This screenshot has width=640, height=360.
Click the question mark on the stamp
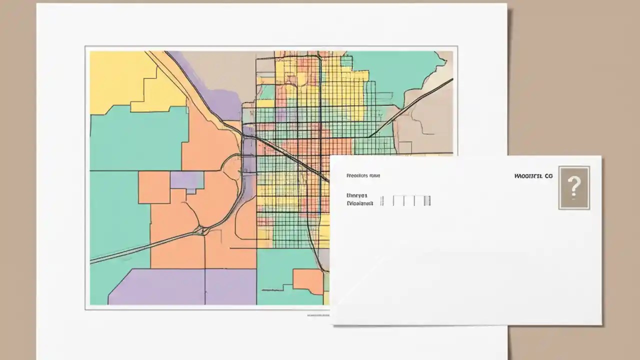[574, 187]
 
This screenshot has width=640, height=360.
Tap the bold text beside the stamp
[533, 176]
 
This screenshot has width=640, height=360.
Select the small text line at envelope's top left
[363, 175]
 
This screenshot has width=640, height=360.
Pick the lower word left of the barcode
[360, 204]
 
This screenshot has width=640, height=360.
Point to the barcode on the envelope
[405, 200]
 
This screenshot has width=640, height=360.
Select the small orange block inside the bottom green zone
[307, 280]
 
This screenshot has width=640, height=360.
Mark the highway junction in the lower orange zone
[202, 230]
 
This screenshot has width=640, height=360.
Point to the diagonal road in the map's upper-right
[410, 107]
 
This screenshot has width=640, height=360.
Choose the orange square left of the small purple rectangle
[154, 187]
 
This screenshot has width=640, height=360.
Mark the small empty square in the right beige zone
[405, 147]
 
